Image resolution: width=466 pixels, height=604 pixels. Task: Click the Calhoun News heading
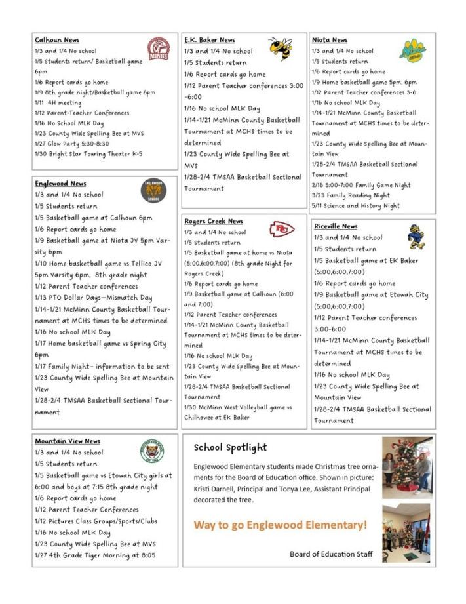click(57, 40)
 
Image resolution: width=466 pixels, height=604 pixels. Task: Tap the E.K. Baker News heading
click(209, 40)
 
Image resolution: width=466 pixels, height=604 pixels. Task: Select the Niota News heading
click(330, 40)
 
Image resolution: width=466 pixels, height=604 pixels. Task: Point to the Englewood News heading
click(60, 184)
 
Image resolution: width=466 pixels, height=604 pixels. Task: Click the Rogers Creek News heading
click(213, 221)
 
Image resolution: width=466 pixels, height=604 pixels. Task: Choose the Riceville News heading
click(336, 226)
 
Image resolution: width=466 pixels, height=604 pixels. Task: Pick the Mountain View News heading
click(67, 441)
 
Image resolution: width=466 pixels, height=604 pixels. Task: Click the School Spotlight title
click(230, 448)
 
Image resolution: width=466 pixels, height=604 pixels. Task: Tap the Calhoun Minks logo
click(158, 49)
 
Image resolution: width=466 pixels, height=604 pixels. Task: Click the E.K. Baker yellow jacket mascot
click(281, 49)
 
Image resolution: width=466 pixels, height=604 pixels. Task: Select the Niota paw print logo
click(413, 50)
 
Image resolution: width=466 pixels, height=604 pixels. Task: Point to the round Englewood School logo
click(153, 190)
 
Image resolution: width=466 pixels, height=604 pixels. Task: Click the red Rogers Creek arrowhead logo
click(282, 230)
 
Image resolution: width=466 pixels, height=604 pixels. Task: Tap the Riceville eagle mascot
click(416, 237)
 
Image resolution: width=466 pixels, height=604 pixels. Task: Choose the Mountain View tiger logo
click(152, 451)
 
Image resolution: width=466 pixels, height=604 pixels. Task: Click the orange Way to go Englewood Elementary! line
click(280, 525)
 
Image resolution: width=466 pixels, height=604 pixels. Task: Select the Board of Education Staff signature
click(331, 554)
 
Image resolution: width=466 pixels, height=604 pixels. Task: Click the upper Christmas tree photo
click(407, 467)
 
